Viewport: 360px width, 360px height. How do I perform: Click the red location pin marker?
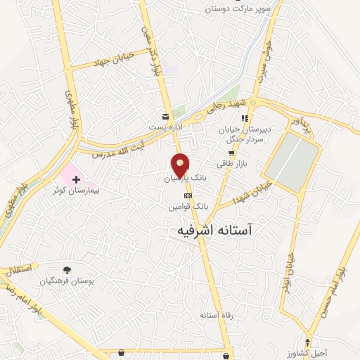(x=181, y=165)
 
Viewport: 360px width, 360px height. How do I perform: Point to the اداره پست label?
(x=165, y=127)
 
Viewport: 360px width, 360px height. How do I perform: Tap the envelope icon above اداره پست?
(x=165, y=116)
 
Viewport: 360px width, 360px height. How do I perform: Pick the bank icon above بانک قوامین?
(x=188, y=195)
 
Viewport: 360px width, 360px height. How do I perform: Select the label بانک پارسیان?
(x=186, y=179)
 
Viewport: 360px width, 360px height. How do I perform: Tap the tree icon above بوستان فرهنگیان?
(x=67, y=269)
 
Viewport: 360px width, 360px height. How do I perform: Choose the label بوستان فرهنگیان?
(x=68, y=280)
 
